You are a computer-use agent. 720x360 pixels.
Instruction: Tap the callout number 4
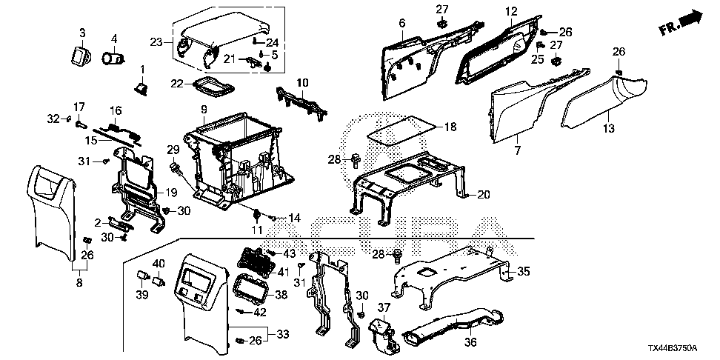coord(114,39)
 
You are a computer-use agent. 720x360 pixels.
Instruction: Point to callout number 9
coord(202,110)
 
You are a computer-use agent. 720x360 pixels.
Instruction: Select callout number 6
coord(401,24)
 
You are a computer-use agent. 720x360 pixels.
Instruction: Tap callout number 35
coord(523,272)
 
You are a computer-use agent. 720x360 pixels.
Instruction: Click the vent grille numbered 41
coord(253,260)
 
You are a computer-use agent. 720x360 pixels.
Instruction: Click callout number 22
coord(176,85)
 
